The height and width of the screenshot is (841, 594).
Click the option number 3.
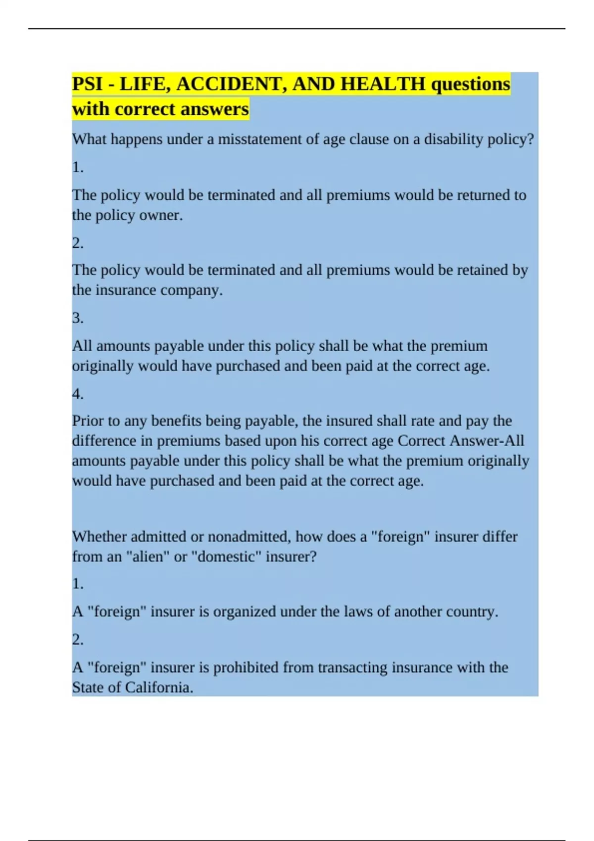[x=77, y=318]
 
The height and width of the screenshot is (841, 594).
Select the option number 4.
[x=77, y=394]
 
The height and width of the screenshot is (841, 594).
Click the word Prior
[x=88, y=421]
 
